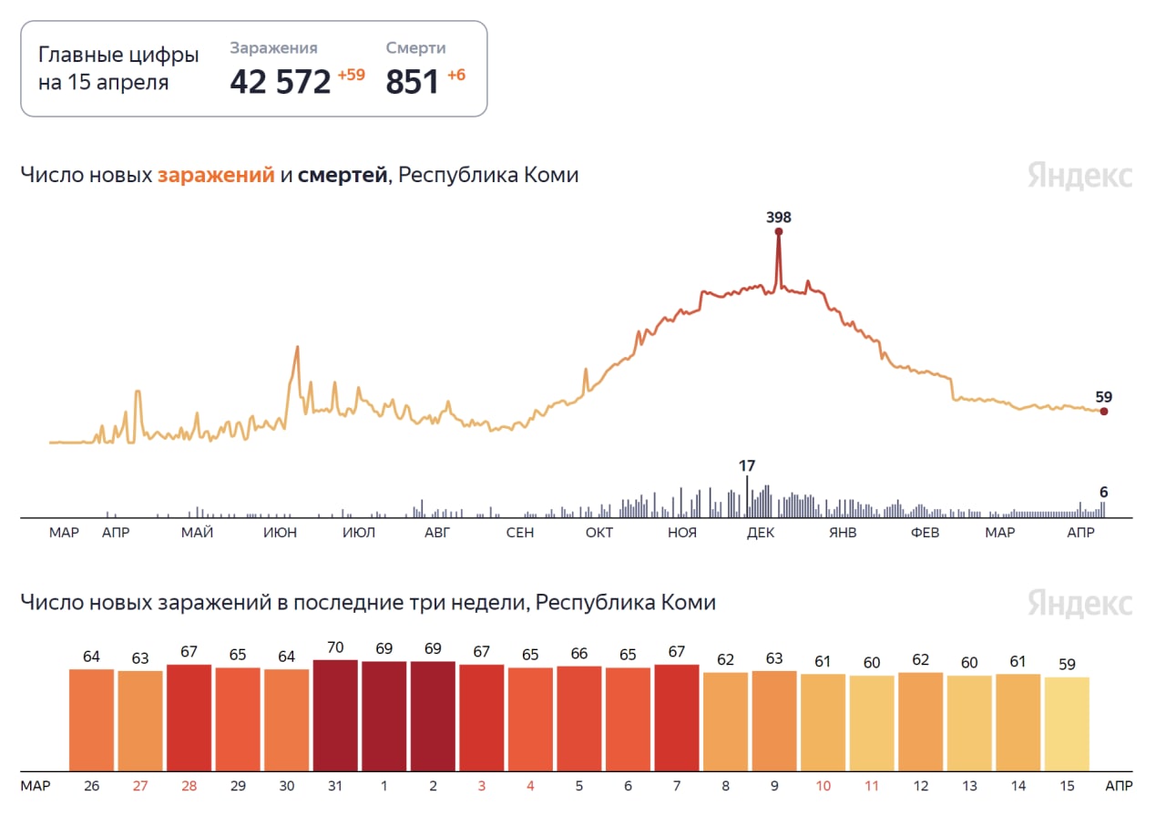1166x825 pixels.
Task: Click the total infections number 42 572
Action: click(x=280, y=81)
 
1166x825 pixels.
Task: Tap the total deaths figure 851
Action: click(x=413, y=81)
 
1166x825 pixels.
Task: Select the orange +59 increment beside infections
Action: click(x=351, y=75)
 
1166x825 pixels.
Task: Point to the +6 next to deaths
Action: click(x=455, y=75)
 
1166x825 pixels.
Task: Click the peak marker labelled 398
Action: click(x=779, y=231)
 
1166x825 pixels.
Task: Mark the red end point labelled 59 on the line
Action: click(x=1104, y=412)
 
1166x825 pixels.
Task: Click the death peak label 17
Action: click(x=747, y=466)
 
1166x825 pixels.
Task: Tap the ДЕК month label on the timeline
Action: click(x=760, y=533)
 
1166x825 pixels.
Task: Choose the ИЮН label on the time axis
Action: click(x=280, y=533)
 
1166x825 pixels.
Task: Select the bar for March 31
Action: click(x=335, y=716)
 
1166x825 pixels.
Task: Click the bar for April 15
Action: click(x=1067, y=724)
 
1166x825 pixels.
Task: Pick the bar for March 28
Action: click(x=189, y=718)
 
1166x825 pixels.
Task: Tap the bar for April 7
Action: click(x=677, y=718)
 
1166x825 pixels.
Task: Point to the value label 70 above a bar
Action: click(x=335, y=648)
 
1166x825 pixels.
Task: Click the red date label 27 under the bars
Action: click(x=140, y=785)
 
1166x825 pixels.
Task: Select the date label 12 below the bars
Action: click(x=920, y=785)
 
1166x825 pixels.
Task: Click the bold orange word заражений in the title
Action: click(x=216, y=175)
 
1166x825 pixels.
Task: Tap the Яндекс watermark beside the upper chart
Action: click(x=1080, y=176)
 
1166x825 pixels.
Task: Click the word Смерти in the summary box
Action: click(x=415, y=48)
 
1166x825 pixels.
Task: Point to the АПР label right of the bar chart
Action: click(x=1119, y=785)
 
